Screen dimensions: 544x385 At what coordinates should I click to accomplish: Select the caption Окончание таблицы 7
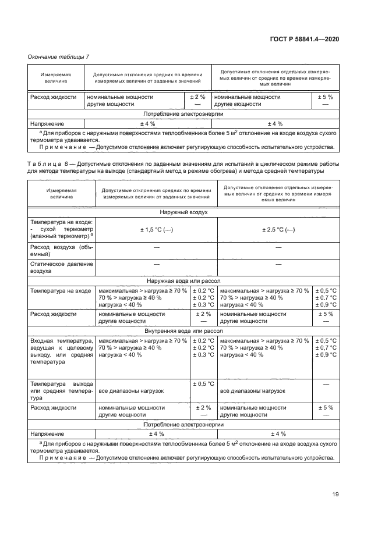point(58,56)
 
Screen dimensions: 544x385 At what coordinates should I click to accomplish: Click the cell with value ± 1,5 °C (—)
point(157,230)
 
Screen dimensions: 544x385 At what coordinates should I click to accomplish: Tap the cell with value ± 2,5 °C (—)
point(278,230)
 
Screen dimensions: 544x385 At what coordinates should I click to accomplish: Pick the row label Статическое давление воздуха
point(61,268)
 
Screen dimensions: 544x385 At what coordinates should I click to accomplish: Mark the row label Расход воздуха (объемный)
point(61,251)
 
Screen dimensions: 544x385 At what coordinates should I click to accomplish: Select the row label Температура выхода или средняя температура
point(61,391)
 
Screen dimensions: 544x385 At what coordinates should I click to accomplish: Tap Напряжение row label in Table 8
point(47,433)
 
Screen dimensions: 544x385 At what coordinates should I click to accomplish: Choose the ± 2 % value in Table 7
point(199,97)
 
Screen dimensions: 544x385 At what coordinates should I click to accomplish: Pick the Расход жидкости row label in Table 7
point(54,97)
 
